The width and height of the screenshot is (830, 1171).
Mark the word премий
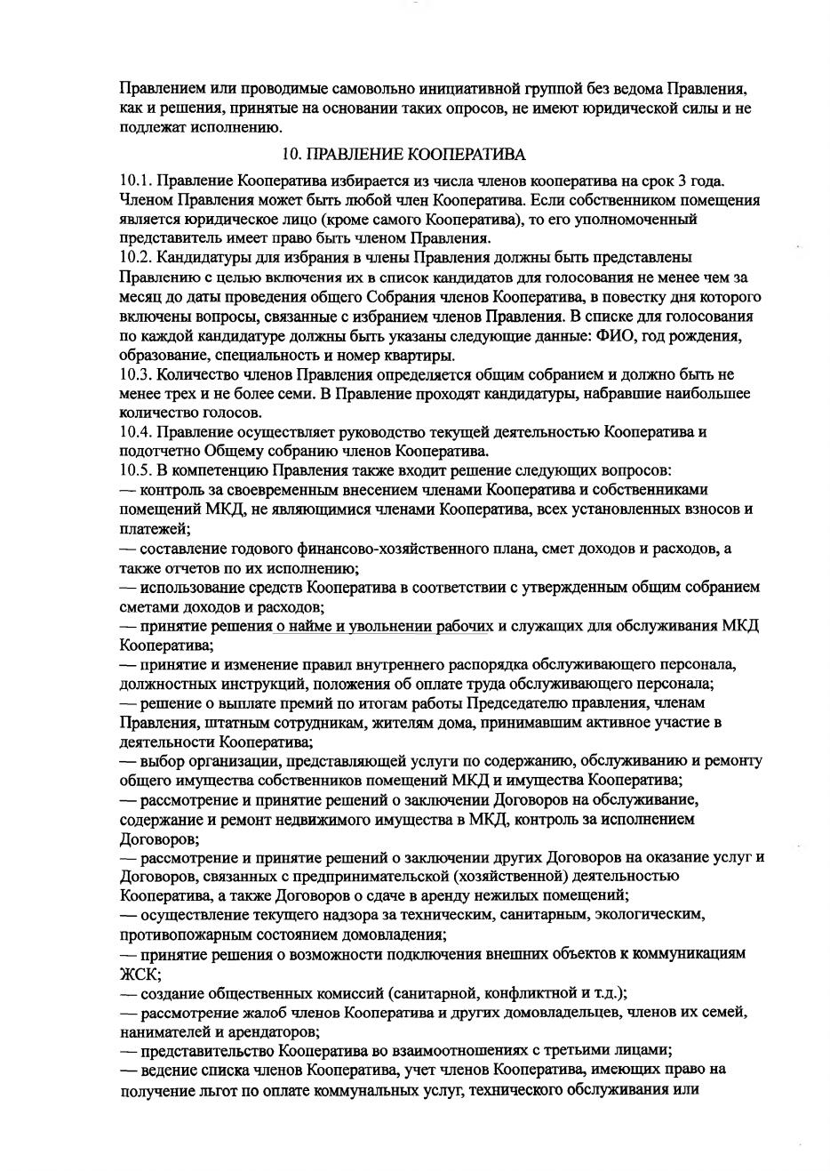288,703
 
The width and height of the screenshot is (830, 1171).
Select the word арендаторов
273,1032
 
